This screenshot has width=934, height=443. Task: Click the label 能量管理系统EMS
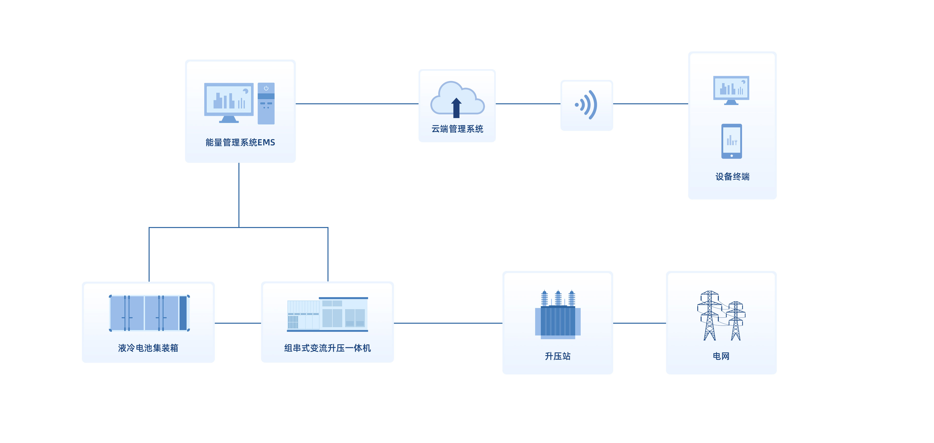pyautogui.click(x=240, y=142)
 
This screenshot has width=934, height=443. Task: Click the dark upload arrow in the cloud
pyautogui.click(x=456, y=108)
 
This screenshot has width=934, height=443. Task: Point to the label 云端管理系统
pyautogui.click(x=457, y=129)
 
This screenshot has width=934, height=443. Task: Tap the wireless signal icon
pyautogui.click(x=587, y=105)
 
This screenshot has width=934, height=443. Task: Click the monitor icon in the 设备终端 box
pyautogui.click(x=731, y=90)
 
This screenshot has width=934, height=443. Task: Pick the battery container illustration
pyautogui.click(x=149, y=313)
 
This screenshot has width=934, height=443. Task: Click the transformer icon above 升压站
pyautogui.click(x=558, y=315)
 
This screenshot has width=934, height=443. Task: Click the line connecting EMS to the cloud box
pyautogui.click(x=357, y=104)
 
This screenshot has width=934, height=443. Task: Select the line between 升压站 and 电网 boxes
pyautogui.click(x=639, y=323)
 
